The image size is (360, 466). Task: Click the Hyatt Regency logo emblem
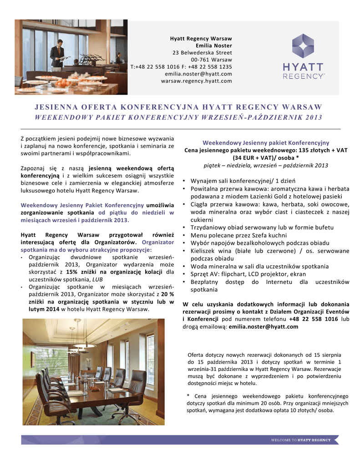303,46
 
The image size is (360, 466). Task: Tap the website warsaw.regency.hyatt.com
196,81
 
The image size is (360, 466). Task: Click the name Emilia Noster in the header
213,46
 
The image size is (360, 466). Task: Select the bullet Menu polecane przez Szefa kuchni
238,235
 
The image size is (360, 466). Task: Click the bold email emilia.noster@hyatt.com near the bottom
264,327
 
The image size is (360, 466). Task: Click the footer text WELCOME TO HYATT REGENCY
301,440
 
